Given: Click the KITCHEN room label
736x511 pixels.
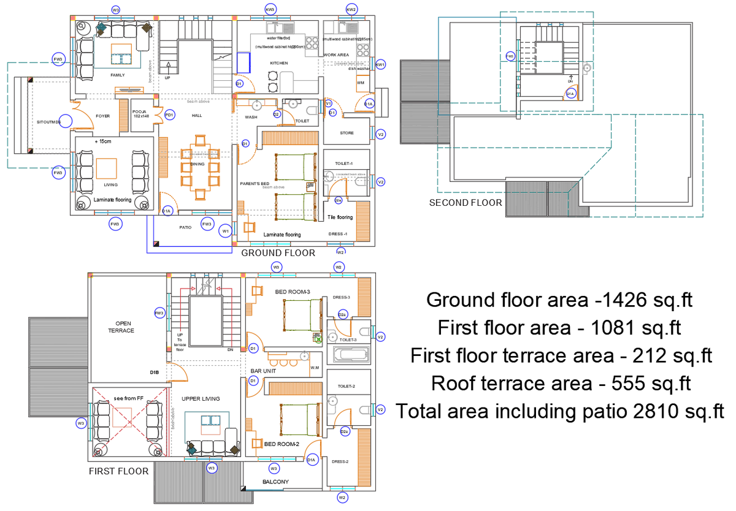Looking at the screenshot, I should click(279, 63).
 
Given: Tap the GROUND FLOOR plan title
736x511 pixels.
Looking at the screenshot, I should click(278, 253).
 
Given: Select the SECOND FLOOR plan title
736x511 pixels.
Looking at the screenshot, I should click(465, 203).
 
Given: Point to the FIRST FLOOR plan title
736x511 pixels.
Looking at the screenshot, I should click(118, 471).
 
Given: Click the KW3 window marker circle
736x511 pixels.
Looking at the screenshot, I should click(270, 9).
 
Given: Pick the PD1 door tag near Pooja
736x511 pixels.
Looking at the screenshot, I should click(169, 114).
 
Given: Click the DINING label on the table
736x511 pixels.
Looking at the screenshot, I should click(197, 164).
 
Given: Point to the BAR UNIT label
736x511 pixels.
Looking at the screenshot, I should click(263, 371).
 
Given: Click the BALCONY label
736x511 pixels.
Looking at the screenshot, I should click(275, 482).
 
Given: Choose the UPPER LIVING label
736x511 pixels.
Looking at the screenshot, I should click(201, 399).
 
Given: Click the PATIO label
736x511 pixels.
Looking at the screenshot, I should click(185, 228).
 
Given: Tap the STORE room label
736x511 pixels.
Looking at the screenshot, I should click(347, 133).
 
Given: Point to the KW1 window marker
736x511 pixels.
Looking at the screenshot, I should click(380, 64).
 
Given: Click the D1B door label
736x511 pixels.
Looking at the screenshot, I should click(155, 372).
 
